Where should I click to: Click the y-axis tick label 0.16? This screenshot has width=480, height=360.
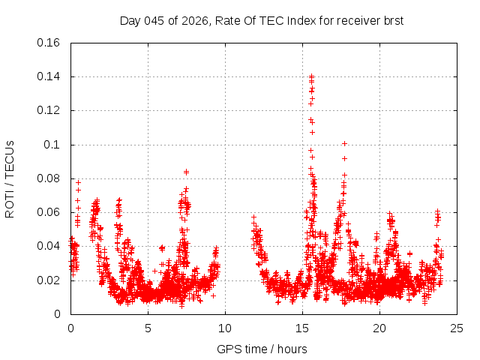pos(49,43)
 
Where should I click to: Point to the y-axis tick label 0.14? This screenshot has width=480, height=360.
pos(49,76)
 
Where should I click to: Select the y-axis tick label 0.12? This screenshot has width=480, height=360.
pos(49,110)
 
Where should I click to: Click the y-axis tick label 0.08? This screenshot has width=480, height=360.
pos(49,178)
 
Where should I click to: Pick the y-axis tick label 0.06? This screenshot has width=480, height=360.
pos(49,212)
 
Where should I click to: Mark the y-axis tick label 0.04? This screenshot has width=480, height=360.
pos(49,246)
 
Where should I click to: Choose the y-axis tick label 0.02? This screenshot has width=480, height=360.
pos(49,280)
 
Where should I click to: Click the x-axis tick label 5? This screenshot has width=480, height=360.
pos(148,328)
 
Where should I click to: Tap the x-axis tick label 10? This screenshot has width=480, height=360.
pos(225,328)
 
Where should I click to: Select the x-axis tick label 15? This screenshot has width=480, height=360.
pos(302,328)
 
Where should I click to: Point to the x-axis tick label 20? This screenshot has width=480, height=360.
pos(379,328)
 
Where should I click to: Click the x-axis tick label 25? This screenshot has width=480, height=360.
pos(457,328)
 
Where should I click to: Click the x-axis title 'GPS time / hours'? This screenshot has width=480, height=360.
pos(262,349)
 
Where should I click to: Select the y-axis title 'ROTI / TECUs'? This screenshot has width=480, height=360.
pos(10,178)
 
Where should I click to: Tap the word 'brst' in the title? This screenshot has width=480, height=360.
pos(392,20)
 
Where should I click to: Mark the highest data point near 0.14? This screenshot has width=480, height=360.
pos(311,76)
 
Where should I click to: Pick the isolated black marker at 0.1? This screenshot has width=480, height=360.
pos(344,143)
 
